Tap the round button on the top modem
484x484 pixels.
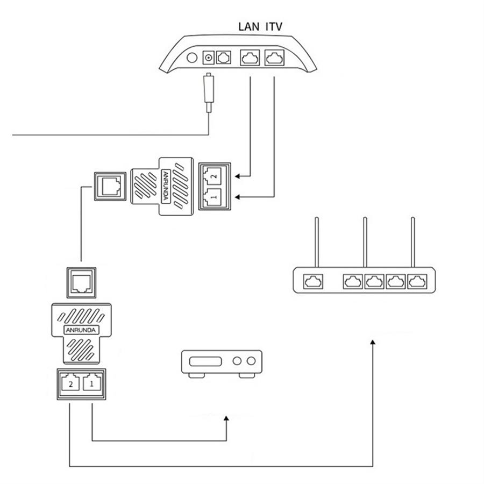191,58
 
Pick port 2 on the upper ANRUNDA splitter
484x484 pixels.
214,175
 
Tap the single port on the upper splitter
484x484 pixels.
110,186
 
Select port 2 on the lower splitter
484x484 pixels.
70,383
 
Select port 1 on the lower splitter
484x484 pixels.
91,383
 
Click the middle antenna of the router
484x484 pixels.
365,241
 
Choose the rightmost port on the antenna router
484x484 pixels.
417,281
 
